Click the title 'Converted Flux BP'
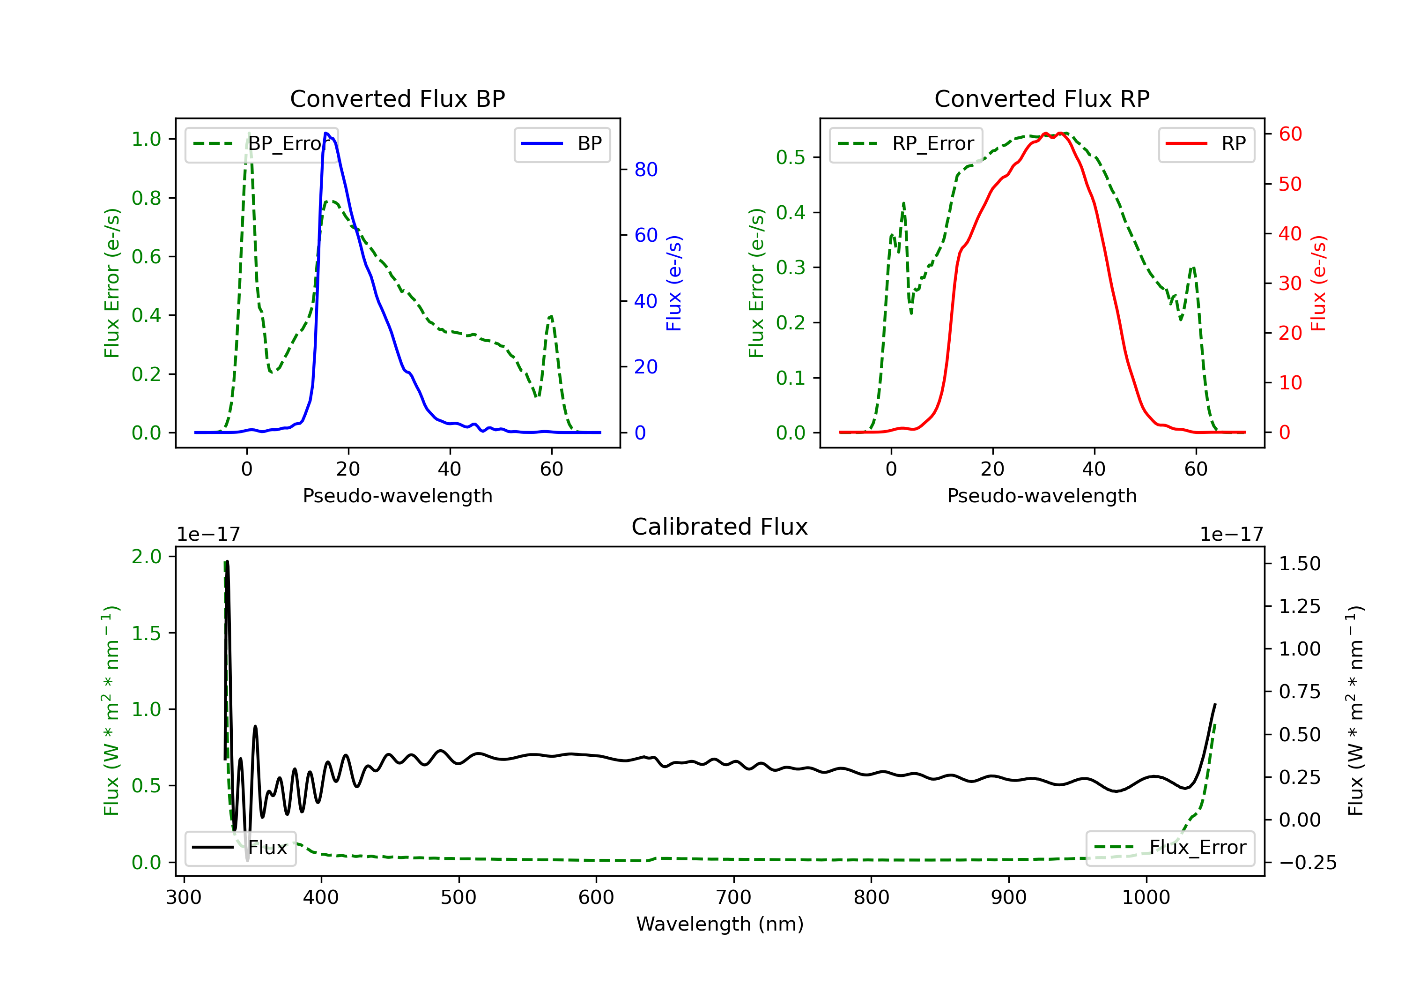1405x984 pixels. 397,98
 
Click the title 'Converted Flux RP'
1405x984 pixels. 1042,98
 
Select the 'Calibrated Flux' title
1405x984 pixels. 720,527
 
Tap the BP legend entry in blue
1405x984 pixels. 562,144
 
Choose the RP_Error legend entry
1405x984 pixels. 906,144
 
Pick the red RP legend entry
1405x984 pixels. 1206,144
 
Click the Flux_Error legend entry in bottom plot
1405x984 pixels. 1170,848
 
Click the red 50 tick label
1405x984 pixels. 1290,184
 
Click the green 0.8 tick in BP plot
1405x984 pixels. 146,198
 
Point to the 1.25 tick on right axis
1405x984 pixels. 1300,606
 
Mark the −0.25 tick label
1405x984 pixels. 1308,863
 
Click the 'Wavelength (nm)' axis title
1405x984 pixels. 720,924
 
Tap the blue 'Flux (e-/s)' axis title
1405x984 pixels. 674,283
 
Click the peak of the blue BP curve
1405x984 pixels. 326,133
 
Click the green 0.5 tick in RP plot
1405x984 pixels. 791,157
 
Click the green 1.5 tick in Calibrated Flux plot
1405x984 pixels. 146,633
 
